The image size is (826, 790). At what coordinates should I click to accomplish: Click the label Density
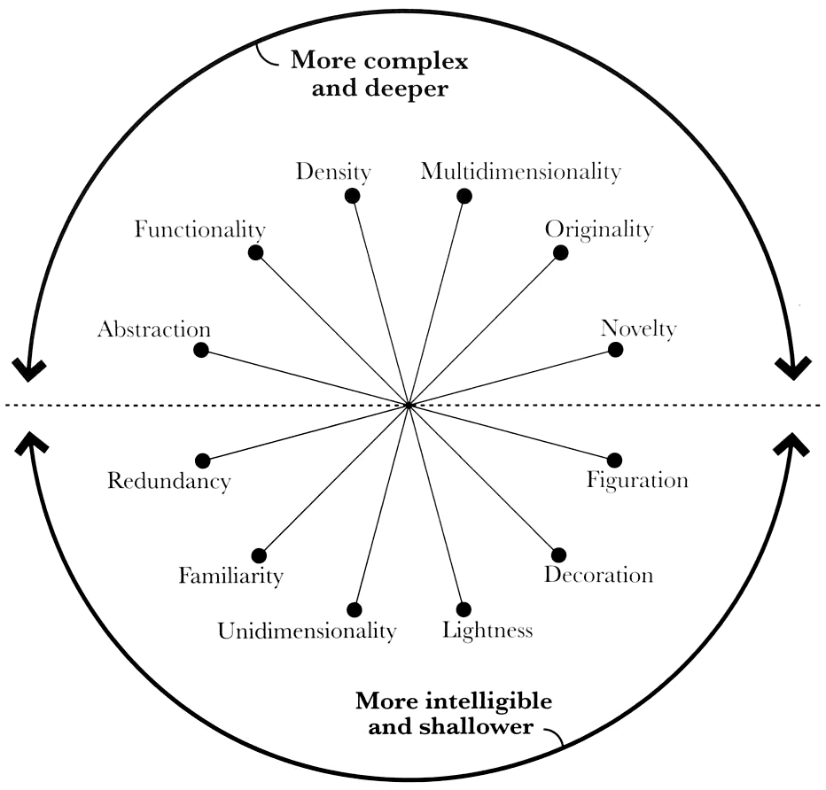tap(332, 171)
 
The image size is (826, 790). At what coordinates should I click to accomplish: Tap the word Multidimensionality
tap(520, 171)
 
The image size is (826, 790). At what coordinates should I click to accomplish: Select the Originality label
tap(598, 229)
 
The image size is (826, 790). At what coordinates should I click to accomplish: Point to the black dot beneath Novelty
tap(615, 350)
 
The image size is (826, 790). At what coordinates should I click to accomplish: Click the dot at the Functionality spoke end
tap(256, 252)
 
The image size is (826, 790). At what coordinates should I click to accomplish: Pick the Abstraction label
tap(154, 329)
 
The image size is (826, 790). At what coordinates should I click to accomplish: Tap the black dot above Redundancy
tap(203, 461)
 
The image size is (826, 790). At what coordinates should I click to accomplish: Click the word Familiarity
tap(230, 576)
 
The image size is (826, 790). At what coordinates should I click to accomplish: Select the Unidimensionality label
tap(307, 631)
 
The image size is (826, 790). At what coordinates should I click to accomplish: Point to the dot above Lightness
tap(464, 609)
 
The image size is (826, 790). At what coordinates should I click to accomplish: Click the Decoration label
tap(598, 575)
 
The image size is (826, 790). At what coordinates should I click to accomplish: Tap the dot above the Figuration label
tap(615, 460)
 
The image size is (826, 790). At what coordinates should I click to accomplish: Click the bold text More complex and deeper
tap(379, 75)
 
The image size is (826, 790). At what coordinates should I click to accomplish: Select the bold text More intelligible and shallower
tap(453, 714)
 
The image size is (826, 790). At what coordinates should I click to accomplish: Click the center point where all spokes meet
tap(409, 405)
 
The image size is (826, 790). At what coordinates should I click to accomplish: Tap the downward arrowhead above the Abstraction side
tap(29, 370)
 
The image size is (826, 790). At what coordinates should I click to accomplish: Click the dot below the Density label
tap(352, 196)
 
